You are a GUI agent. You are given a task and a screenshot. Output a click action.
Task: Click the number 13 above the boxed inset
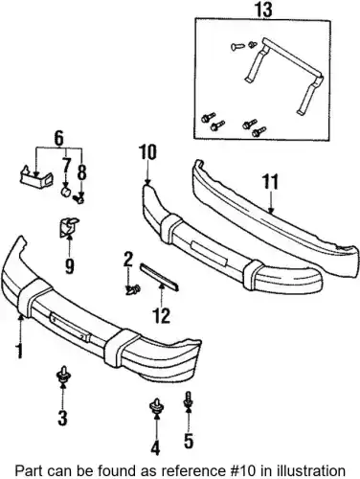[264, 10]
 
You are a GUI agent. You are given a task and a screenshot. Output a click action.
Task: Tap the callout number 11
[270, 181]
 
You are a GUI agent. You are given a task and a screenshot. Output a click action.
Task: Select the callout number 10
[147, 151]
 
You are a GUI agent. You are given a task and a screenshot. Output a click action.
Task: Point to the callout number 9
[69, 266]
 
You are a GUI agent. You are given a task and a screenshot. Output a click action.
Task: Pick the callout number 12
[162, 316]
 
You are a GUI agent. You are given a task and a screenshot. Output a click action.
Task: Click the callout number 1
[19, 351]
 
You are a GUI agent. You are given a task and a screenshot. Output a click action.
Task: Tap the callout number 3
[62, 419]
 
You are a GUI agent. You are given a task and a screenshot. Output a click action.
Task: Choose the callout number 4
[155, 447]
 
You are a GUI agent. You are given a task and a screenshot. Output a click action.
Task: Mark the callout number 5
[189, 441]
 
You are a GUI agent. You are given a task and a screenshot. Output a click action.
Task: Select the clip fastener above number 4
[156, 405]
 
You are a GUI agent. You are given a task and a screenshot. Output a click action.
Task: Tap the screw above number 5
[188, 400]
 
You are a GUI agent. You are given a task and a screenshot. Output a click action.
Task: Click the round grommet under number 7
[66, 193]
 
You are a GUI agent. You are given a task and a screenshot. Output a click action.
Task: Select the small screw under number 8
[79, 199]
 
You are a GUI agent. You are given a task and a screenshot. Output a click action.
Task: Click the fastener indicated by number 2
[133, 290]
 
